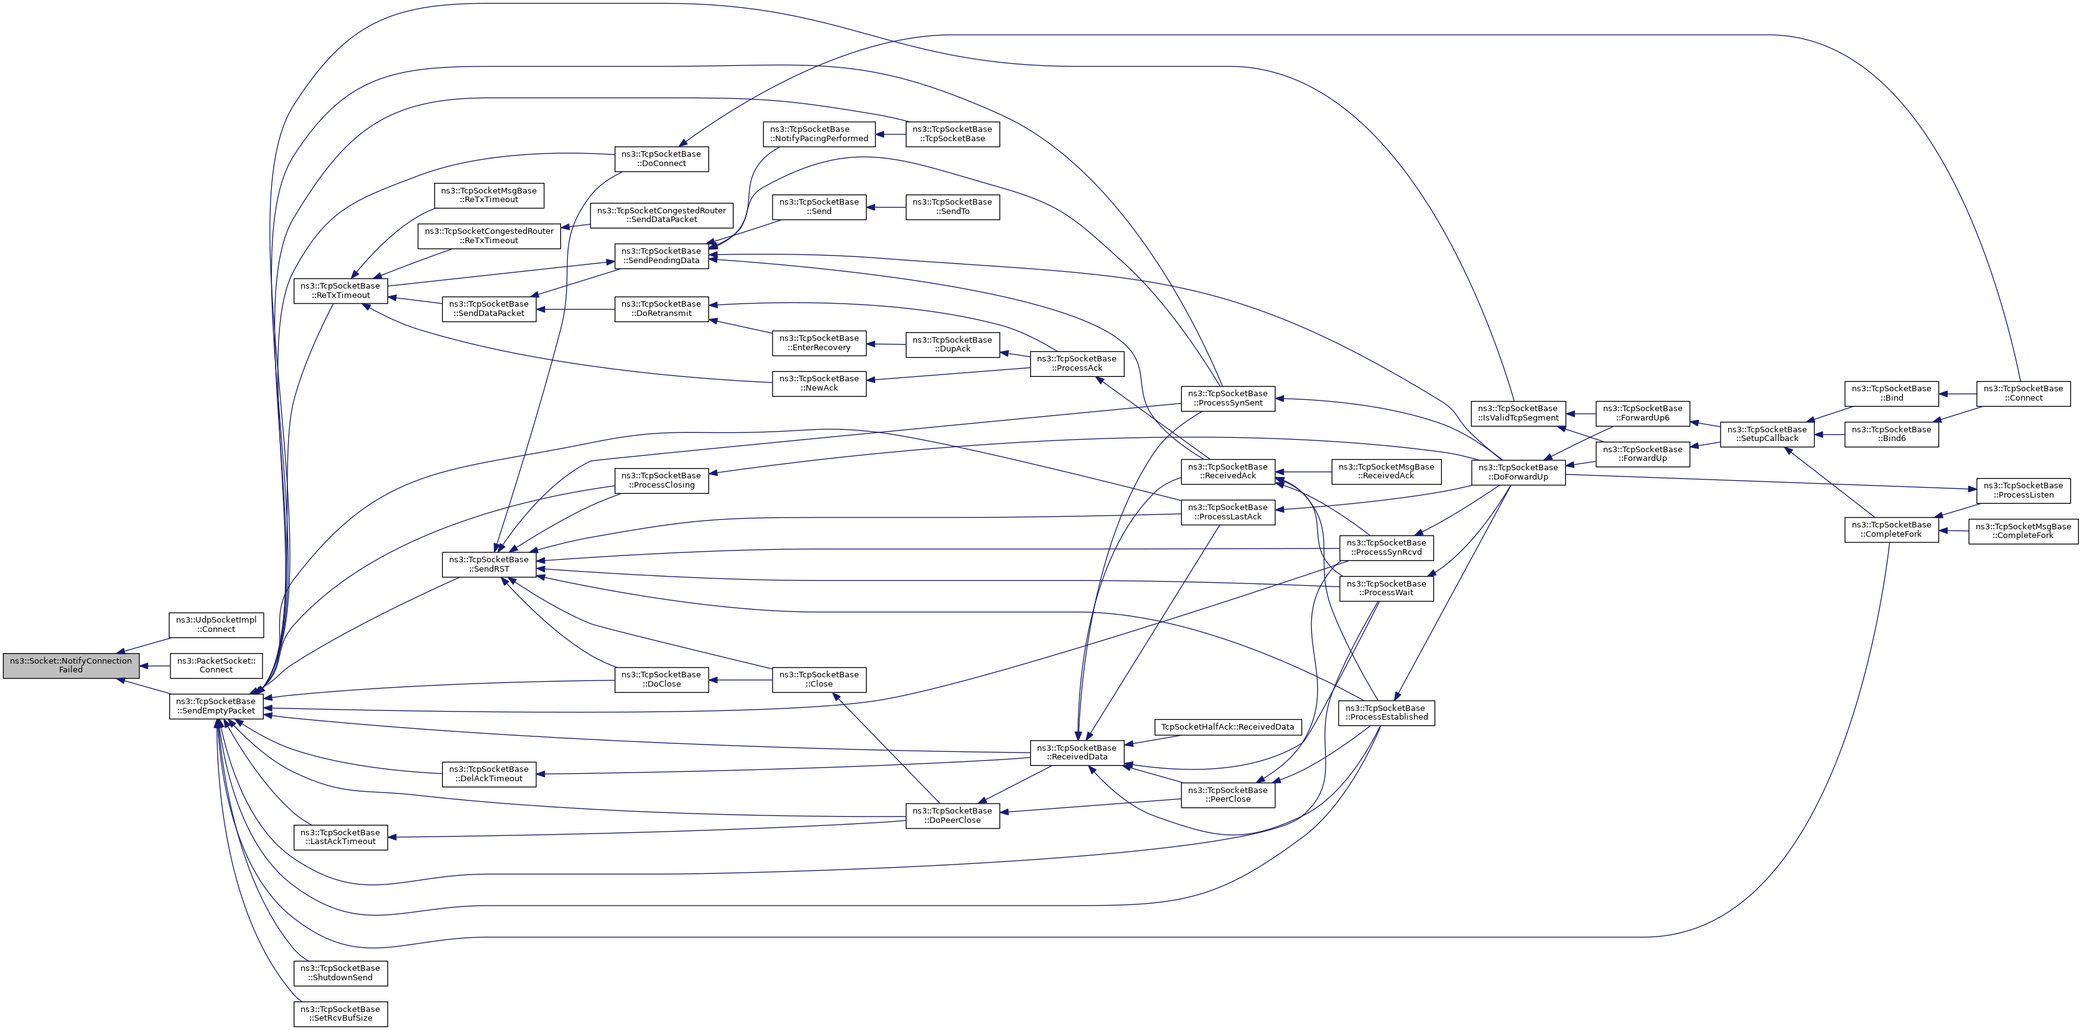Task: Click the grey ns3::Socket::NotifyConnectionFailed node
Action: (71, 666)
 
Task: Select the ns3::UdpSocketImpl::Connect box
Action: (216, 624)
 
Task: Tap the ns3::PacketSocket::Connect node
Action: (216, 666)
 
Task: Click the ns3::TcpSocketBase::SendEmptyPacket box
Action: (216, 706)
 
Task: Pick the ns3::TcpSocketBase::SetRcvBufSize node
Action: (340, 1014)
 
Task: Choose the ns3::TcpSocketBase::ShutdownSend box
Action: (340, 973)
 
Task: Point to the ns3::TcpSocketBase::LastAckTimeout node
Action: (340, 837)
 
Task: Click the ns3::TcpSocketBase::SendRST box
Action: (489, 564)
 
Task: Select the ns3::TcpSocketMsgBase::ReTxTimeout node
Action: (489, 195)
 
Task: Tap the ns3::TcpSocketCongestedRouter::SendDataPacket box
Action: (662, 215)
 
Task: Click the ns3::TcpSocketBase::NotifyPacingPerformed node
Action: (819, 133)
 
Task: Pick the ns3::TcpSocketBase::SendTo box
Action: (952, 206)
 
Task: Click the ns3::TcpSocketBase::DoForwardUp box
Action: (1518, 472)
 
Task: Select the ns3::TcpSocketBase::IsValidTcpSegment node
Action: (1518, 413)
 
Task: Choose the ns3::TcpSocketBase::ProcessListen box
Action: (2023, 489)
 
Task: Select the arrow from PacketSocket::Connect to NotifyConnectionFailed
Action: (154, 667)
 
